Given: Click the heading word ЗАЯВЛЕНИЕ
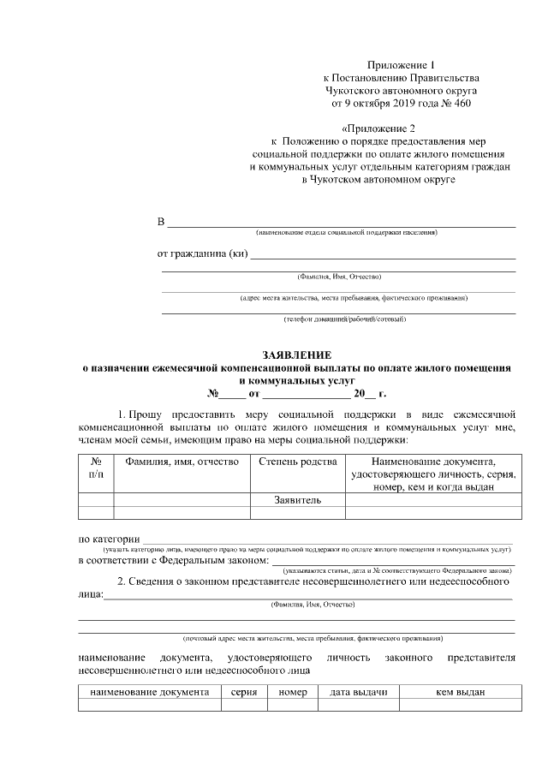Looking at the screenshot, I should (297, 355).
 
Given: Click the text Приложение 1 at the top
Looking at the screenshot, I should (402, 66).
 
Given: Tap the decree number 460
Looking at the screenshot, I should (458, 103).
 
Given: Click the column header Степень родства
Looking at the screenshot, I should (297, 462).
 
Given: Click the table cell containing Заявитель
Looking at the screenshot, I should (297, 499).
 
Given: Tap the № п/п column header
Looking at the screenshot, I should (96, 468).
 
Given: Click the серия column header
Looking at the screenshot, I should (244, 692).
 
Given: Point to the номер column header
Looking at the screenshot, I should (293, 692).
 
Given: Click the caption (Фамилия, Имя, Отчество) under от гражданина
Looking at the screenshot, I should (338, 277).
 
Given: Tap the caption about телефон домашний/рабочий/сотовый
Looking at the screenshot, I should (338, 319).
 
